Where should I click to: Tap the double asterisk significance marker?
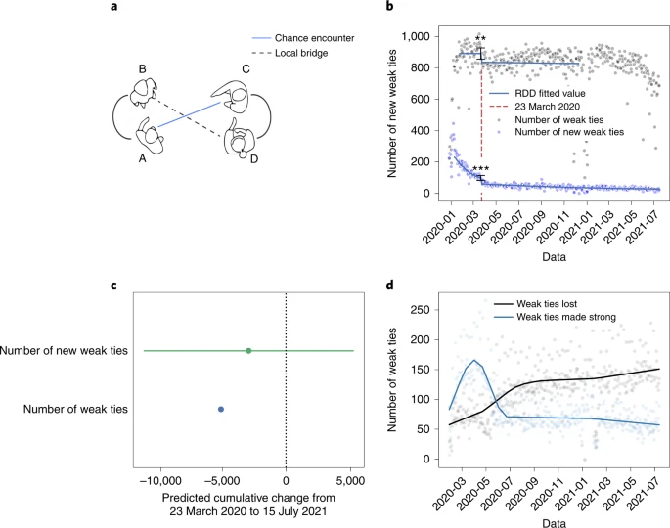(480, 40)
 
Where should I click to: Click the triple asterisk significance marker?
(480, 170)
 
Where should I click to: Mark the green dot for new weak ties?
(248, 350)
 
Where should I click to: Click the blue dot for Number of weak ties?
(221, 409)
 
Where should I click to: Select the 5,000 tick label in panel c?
(351, 481)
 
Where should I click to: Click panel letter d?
(392, 286)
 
